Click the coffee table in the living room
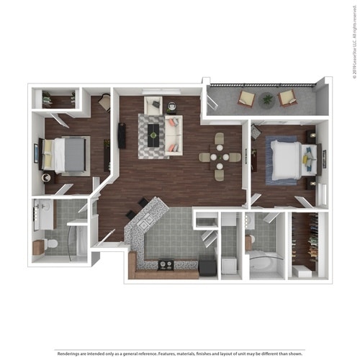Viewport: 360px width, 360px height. click(x=153, y=133)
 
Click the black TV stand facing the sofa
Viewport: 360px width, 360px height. click(x=122, y=135)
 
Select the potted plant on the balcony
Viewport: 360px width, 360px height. click(x=268, y=99)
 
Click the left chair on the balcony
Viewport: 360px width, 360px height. click(x=247, y=99)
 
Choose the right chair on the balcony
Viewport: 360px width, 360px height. click(x=288, y=98)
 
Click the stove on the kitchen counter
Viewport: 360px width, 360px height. click(x=165, y=265)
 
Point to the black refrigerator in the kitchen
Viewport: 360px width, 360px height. click(x=207, y=267)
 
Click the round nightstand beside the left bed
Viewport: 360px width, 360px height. click(x=47, y=177)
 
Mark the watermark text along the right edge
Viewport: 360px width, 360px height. click(x=354, y=43)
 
